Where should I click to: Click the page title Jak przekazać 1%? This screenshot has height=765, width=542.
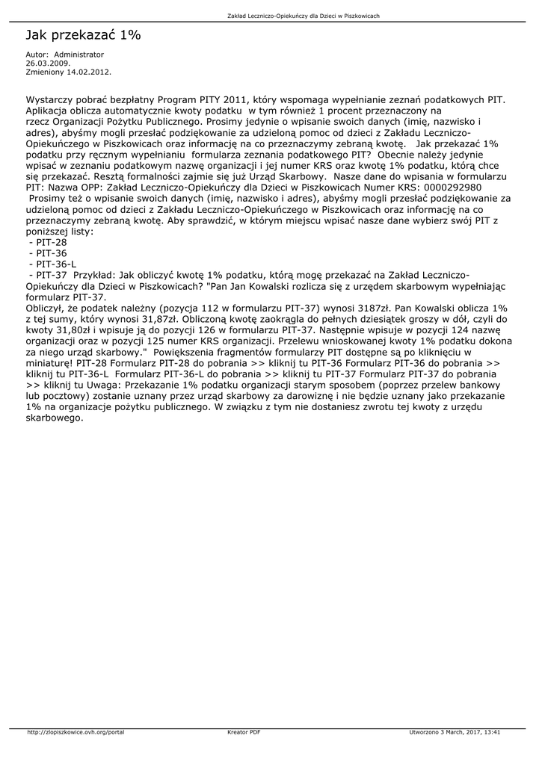pyautogui.click(x=83, y=35)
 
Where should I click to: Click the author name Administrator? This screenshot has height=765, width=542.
pyautogui.click(x=79, y=55)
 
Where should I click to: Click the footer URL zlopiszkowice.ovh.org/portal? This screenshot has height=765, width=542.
pyautogui.click(x=75, y=731)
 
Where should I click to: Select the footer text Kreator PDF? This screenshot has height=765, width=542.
pyautogui.click(x=244, y=731)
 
